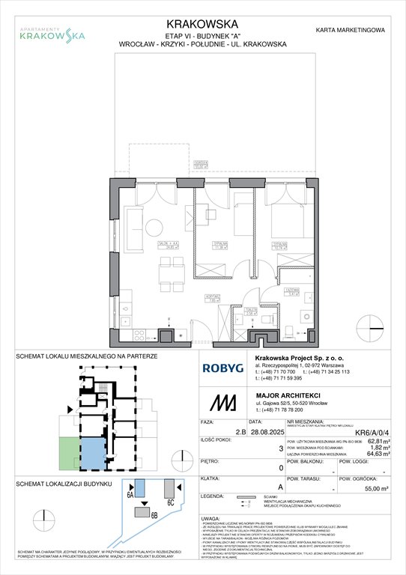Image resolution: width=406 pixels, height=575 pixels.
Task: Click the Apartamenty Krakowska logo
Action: coord(51,32)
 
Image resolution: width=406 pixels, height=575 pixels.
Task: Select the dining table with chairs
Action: coord(171,273)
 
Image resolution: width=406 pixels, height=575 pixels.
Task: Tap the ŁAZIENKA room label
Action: coord(294,294)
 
